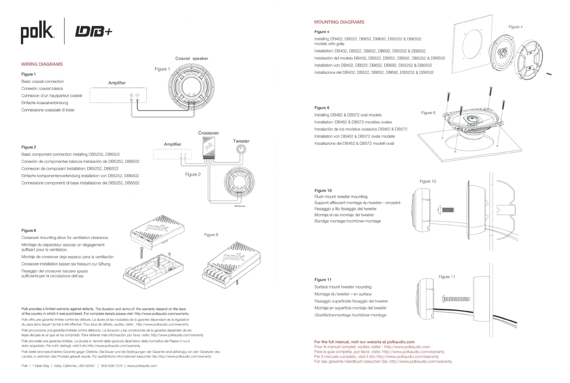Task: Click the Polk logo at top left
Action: click(x=37, y=32)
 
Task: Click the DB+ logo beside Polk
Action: click(x=93, y=32)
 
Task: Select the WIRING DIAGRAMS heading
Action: click(x=42, y=64)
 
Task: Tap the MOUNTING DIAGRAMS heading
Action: click(x=339, y=22)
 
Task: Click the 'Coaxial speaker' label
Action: click(x=191, y=58)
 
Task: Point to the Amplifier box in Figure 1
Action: click(x=117, y=96)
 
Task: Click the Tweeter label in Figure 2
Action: click(x=241, y=141)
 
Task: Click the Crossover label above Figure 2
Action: click(x=208, y=133)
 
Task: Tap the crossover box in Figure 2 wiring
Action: click(x=209, y=148)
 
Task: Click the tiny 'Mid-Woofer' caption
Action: click(x=240, y=206)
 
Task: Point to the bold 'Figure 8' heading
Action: click(x=29, y=230)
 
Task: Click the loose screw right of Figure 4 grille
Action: click(x=549, y=74)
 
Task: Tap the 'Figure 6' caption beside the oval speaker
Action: click(x=428, y=113)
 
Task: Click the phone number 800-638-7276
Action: click(x=112, y=366)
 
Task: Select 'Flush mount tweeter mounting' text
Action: click(x=341, y=197)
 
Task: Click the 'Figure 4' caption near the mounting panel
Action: click(x=515, y=27)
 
